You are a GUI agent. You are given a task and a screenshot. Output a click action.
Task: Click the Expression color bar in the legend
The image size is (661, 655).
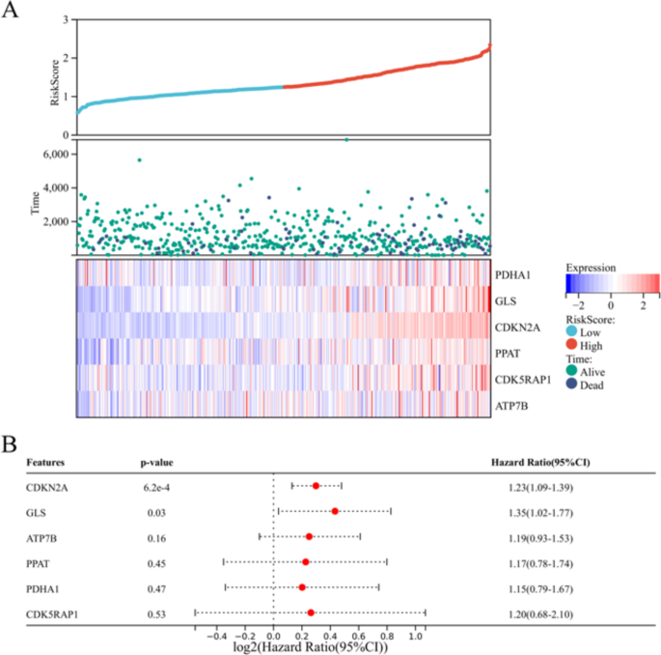click(612, 283)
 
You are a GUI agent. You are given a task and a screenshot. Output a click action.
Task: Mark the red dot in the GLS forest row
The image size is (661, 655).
click(335, 510)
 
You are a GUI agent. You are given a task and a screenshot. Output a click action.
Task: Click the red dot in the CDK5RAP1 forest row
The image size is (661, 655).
click(311, 612)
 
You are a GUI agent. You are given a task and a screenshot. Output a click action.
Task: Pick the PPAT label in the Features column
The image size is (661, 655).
click(39, 561)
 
